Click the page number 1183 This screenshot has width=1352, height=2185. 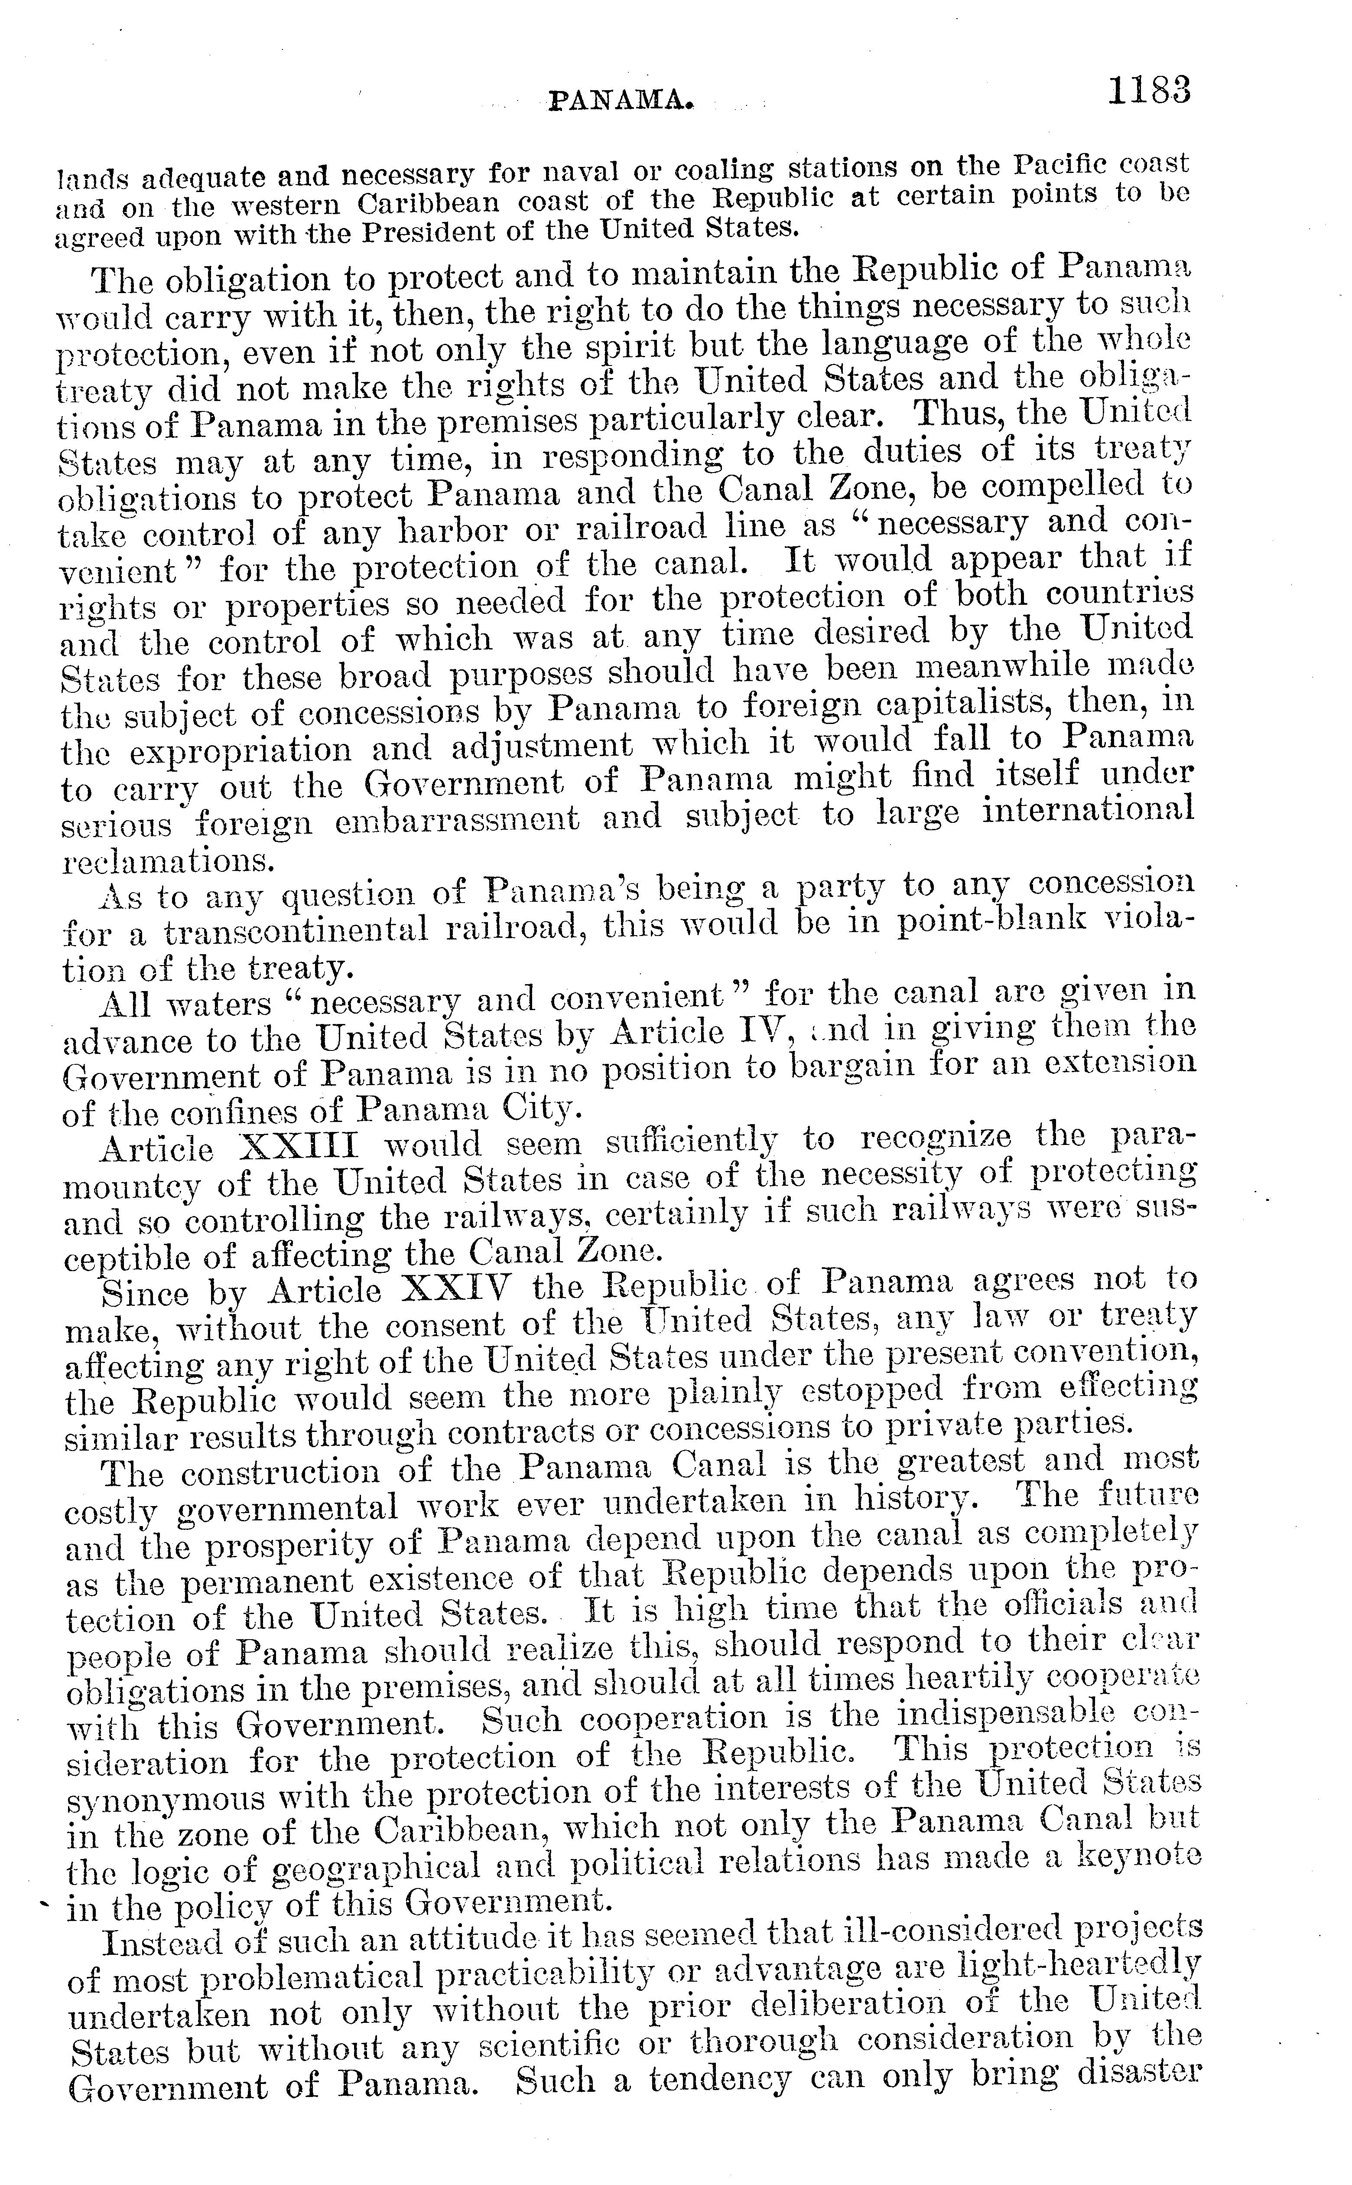tap(1149, 91)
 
